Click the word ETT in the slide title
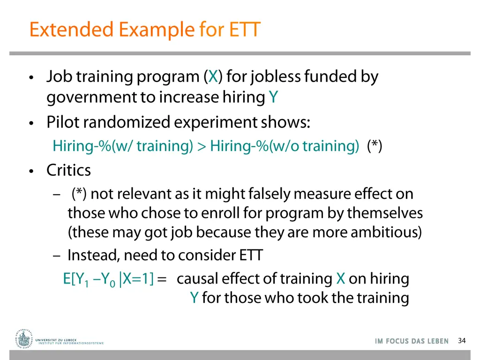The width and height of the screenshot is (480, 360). pos(244,30)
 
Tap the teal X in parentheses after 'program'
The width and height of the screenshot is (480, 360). pos(213,76)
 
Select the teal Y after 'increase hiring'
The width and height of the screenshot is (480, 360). pos(273,97)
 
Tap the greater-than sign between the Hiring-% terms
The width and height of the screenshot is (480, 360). pos(202,146)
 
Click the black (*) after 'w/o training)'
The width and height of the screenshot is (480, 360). pos(375,146)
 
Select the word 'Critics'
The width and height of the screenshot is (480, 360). pos(68,170)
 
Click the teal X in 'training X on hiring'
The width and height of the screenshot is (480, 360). pos(341,279)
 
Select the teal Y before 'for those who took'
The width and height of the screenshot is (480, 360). pos(194,298)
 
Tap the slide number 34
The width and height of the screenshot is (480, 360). pos(462,341)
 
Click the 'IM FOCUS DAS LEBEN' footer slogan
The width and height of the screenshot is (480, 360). pos(412,341)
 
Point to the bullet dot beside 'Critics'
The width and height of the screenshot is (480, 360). pos(31,171)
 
